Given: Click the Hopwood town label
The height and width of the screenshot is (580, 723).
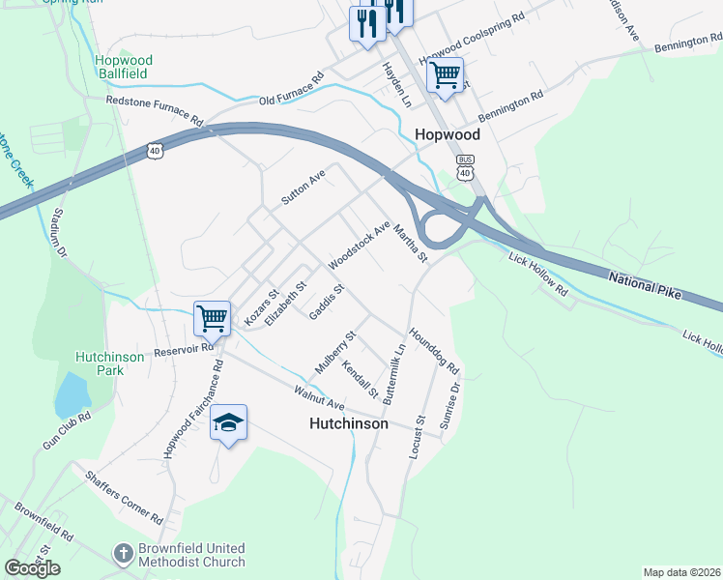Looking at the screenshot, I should click(448, 135).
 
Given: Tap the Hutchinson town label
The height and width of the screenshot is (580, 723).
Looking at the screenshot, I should click(349, 423).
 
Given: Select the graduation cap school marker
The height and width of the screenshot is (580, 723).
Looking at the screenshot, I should click(229, 422).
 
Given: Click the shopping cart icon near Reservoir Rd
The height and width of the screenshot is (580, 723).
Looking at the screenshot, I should click(212, 316).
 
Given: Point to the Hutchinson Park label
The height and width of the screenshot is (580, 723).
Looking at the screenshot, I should click(110, 363).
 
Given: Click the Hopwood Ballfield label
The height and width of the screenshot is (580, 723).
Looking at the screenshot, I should click(124, 67).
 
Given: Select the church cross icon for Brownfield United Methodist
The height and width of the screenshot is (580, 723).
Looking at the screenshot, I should click(123, 554).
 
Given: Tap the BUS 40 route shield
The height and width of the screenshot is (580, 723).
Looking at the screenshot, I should click(466, 168).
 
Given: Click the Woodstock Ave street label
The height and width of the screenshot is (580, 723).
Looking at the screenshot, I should click(359, 246).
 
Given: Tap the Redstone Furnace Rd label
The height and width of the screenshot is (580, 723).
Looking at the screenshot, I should click(156, 111).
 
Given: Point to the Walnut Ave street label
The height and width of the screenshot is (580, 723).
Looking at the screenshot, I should click(320, 396).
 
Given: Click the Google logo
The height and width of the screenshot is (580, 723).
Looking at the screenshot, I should click(32, 567).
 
